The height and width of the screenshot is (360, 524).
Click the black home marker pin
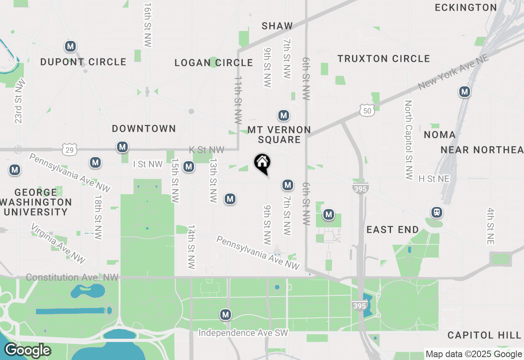tap(262, 164)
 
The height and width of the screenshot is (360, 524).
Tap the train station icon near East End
tap(437, 212)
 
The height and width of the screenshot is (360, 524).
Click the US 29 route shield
tap(70, 150)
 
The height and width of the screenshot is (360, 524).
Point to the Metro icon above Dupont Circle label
tap(70, 46)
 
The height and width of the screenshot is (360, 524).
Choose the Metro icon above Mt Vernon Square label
tap(284, 116)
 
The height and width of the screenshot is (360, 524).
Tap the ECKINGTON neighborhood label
tap(466, 7)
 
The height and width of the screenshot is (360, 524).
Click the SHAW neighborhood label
tap(278, 26)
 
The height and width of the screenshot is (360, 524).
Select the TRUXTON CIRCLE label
tap(384, 59)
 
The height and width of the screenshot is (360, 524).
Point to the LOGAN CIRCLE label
tap(214, 63)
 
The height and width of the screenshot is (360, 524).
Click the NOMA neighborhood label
tap(440, 135)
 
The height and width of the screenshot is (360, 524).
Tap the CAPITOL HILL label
tap(484, 335)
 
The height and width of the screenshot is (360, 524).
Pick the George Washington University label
tap(36, 202)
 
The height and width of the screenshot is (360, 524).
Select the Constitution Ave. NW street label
tap(72, 277)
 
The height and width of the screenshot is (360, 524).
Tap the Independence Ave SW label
tap(243, 333)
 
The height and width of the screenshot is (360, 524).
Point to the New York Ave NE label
tap(453, 73)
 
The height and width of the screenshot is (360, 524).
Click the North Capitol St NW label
tap(409, 140)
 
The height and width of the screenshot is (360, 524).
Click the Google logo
tap(27, 351)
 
